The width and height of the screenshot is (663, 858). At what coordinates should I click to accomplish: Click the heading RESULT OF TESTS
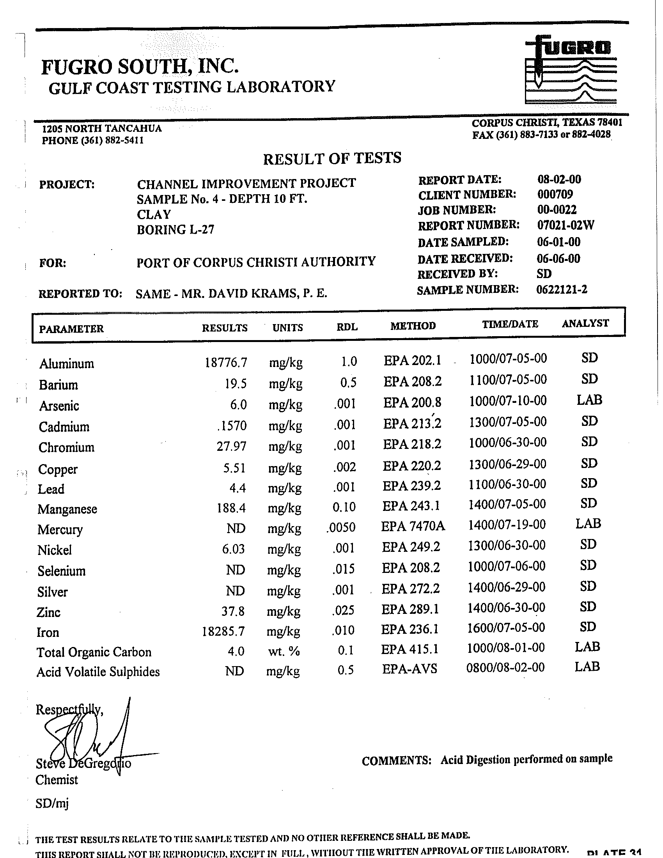point(332,158)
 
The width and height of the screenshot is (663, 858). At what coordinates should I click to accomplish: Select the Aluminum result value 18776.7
point(226,362)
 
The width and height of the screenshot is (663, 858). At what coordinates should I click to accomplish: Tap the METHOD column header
point(413,326)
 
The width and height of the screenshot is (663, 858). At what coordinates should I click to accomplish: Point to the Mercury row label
point(60,530)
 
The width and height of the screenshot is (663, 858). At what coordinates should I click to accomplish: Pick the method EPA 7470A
point(413,526)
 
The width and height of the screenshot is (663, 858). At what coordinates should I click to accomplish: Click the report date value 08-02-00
point(559,179)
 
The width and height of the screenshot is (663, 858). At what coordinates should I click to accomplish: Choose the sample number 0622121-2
point(562,289)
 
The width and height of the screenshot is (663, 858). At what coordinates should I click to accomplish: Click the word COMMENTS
point(396,761)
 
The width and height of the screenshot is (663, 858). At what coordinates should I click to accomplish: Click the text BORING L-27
point(175,229)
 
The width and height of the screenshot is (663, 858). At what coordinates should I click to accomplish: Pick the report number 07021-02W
point(565,225)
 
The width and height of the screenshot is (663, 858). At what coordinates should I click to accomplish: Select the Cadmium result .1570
point(232,425)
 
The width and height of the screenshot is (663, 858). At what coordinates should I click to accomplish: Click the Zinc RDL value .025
point(343,610)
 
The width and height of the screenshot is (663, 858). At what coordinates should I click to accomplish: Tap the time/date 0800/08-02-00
point(505,667)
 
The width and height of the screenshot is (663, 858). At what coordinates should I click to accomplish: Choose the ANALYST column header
point(585,323)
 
